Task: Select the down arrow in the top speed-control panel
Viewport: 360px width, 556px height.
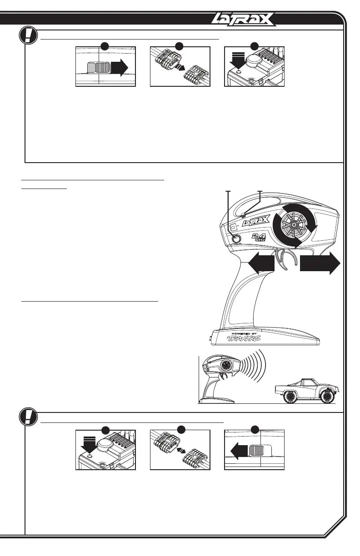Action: (238, 60)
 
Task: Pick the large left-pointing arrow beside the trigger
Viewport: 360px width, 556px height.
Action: (261, 263)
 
